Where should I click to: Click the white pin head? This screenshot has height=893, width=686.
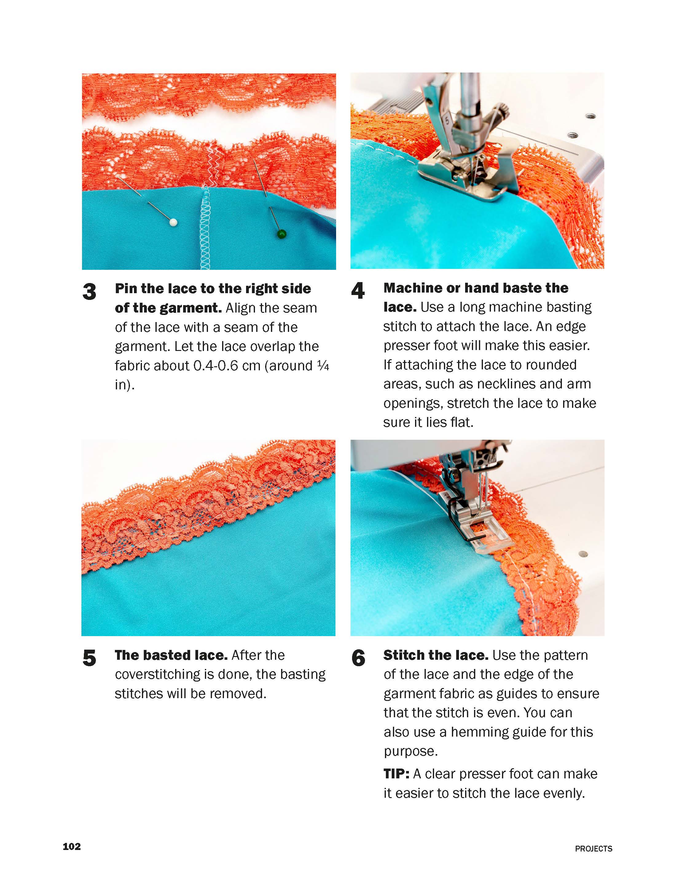pos(173,222)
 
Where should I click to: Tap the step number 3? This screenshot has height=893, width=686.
pos(89,292)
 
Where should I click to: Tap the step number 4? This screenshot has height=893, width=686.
pos(358,291)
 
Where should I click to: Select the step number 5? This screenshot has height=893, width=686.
pos(89,658)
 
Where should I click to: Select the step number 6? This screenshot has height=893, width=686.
pos(358,658)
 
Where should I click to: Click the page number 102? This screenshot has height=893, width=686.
pos(72,846)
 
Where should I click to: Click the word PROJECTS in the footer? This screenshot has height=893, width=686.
pos(593,848)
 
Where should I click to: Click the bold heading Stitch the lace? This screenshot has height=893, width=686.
pos(436,655)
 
